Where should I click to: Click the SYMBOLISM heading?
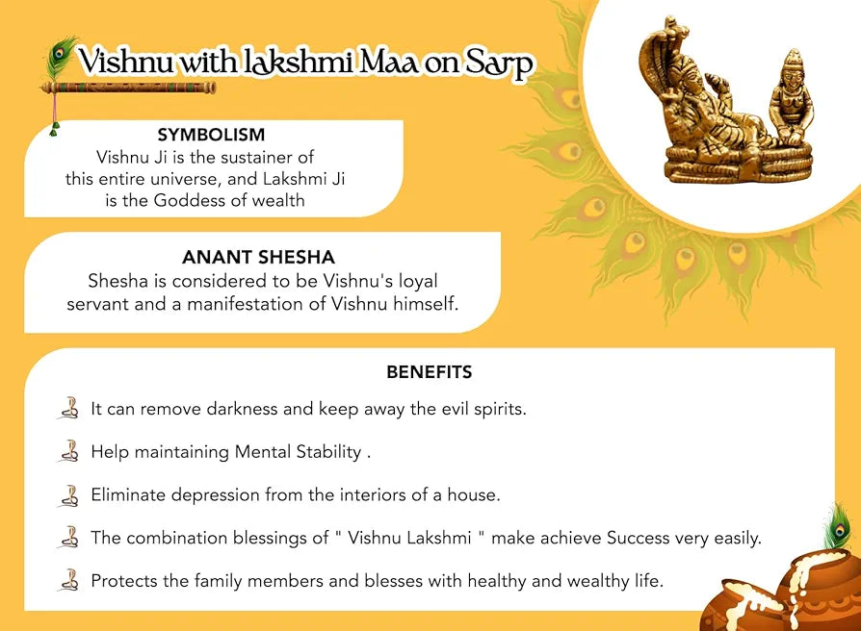[211, 136]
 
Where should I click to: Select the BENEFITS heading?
[430, 372]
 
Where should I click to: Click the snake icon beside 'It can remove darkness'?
[68, 408]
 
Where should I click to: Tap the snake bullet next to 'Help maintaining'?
[68, 451]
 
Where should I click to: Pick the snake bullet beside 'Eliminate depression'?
[68, 494]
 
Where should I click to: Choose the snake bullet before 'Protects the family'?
[68, 580]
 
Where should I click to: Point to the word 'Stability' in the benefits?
[328, 452]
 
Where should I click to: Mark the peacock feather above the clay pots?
[838, 527]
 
